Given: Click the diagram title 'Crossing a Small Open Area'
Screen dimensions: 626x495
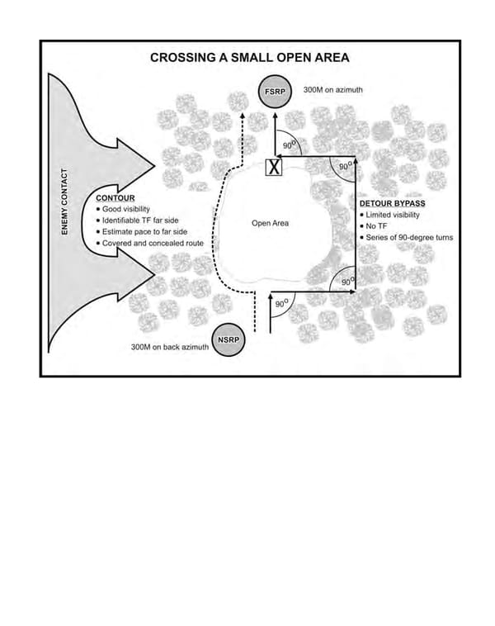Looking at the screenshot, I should [249, 58].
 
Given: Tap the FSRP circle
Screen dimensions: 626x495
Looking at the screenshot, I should [273, 92].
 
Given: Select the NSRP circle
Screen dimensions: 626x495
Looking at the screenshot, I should [228, 340].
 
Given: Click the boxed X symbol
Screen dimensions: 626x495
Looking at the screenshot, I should [274, 168].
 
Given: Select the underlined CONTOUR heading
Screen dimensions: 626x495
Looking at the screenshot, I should [115, 199].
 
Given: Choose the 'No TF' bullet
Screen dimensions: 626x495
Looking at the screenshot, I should [376, 226].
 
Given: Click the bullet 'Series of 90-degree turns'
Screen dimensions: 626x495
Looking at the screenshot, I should [409, 238].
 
